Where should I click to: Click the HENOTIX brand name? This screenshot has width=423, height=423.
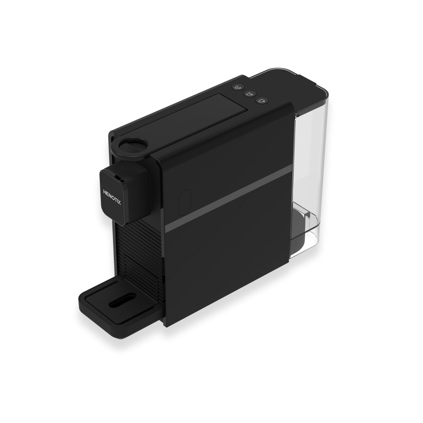click(112, 197)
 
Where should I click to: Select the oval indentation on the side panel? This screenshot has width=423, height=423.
click(185, 202)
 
